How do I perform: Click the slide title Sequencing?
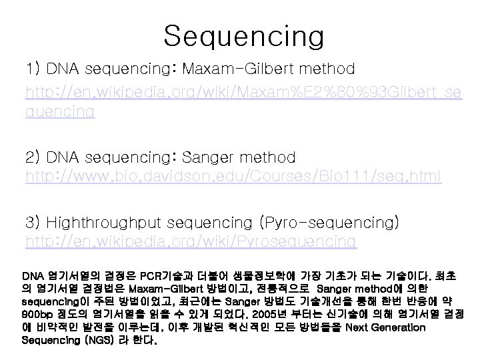click(243, 35)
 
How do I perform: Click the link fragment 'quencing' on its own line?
click(59, 112)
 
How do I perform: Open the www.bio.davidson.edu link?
click(233, 176)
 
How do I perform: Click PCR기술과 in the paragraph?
click(164, 275)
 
